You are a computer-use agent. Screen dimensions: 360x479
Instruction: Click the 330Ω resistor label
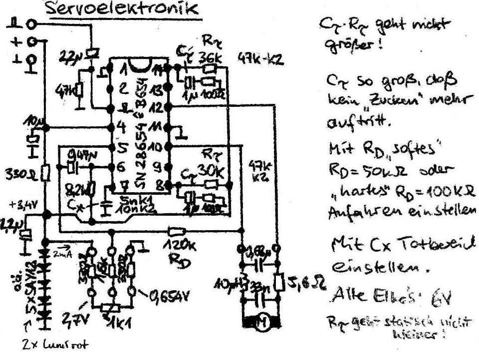19,174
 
